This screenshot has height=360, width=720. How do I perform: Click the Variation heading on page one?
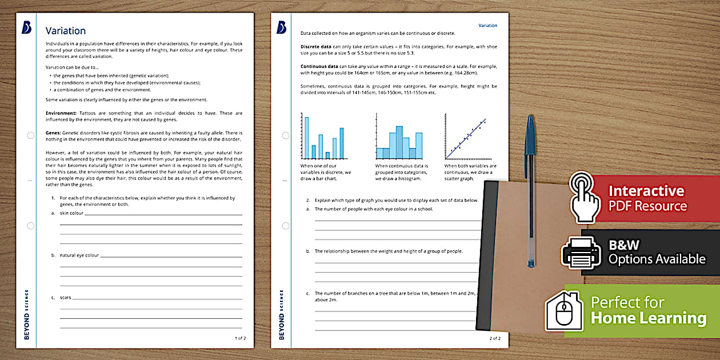point(66,31)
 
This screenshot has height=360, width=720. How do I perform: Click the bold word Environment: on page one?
point(61,113)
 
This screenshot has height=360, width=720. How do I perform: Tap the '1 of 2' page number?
point(240,338)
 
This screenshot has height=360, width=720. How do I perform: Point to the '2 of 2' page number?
point(494,338)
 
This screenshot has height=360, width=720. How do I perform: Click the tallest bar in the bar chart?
point(306,137)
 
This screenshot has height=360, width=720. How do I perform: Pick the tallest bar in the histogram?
point(399,137)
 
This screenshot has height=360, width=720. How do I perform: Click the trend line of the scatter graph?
point(466,137)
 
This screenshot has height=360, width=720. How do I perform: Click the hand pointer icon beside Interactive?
point(585,198)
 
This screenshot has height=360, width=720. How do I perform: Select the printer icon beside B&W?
point(581,251)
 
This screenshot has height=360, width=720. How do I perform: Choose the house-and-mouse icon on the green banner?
point(564,311)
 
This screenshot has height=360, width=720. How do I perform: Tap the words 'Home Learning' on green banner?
point(648,318)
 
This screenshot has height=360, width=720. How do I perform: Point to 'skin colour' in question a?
point(71,213)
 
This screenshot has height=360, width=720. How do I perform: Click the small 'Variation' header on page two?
point(487,26)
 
